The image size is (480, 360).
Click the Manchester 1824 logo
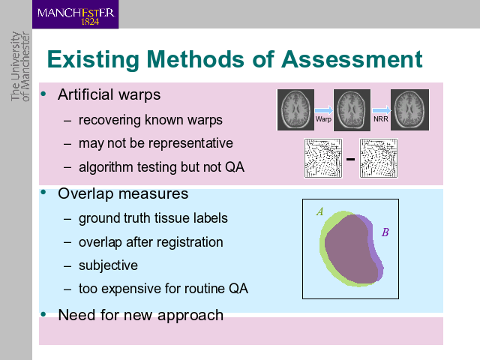75,14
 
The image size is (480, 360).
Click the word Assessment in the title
352,59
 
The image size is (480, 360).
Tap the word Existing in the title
93,60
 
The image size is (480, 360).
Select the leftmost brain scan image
295,110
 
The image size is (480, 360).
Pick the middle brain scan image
352,110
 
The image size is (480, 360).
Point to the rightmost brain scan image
409,110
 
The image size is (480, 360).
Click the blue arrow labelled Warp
324,110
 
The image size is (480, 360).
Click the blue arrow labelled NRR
382,110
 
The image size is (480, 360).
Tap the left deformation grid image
323,158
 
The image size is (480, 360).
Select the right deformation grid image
379,158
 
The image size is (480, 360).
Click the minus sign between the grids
350,159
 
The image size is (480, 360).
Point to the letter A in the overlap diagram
320,211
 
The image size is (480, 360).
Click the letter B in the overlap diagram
385,232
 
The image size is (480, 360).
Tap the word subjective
108,265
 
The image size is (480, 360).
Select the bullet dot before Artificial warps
43,94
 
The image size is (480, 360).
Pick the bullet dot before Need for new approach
43,314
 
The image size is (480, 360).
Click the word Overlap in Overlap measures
85,194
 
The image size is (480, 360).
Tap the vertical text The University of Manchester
20,66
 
